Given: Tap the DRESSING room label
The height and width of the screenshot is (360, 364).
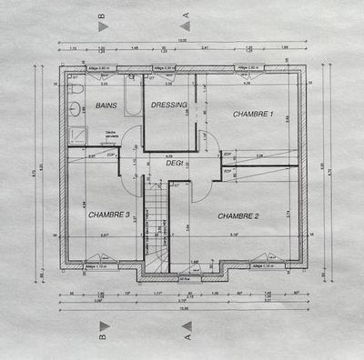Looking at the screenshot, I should pos(169,105).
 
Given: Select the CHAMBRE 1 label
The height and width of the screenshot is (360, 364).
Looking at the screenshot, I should pos(253,115).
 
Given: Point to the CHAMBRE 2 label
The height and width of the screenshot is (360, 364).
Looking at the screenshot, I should pos(239,215).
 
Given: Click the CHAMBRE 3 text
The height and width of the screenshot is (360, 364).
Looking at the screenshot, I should pos(109,215).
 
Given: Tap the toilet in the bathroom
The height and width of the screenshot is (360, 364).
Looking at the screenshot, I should pos(76,92).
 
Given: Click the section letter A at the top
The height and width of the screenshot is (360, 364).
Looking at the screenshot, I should pos(187,15).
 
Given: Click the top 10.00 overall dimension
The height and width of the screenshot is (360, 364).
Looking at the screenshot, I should pos(182,40).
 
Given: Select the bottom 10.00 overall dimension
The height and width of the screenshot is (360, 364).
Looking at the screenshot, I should pos(182,309).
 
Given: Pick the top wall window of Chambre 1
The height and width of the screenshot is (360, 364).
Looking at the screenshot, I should pos(258,67).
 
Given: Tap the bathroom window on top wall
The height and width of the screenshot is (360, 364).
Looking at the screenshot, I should pos(102,67).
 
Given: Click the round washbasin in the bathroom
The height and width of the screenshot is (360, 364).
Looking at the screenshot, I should pos(75,109).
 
